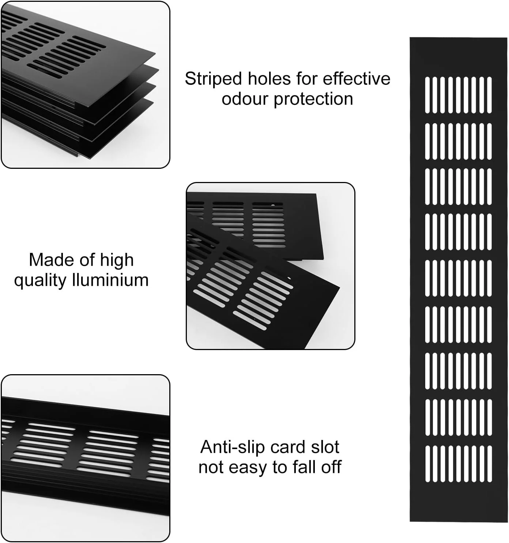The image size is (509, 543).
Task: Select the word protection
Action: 314,100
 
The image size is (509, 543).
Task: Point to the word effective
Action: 357,79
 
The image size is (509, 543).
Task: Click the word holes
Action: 269,79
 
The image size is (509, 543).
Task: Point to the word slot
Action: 325,447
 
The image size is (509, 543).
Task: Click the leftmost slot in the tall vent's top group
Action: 427,95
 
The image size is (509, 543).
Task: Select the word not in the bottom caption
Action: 211,467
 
